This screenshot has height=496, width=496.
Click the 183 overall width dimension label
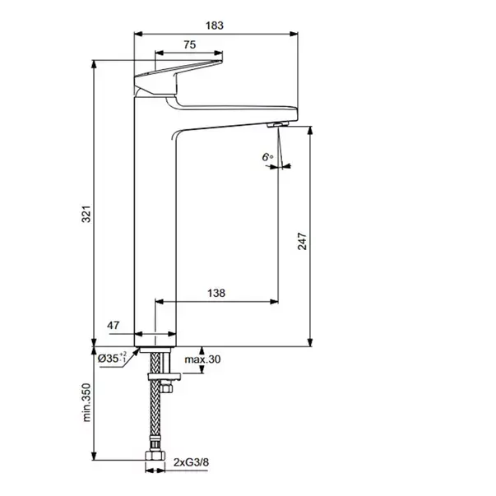[215, 25]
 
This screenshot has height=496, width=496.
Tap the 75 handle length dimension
[189, 44]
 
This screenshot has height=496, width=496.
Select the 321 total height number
[86, 214]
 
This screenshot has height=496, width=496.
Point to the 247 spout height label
[302, 241]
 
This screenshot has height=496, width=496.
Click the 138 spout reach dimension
[216, 293]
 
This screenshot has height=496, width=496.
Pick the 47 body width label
[114, 325]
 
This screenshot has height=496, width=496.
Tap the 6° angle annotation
[267, 157]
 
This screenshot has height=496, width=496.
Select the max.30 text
[202, 359]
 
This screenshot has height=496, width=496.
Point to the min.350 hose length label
[86, 402]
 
